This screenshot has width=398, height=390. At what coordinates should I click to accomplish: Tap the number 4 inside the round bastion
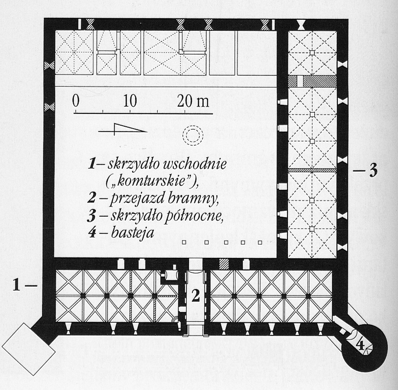360,345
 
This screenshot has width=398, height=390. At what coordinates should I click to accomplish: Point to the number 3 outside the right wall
373,170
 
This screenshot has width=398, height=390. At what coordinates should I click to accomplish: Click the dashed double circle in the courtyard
193,136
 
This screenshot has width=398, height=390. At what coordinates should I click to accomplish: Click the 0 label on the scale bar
76,101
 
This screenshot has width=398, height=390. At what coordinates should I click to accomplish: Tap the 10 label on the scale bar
130,101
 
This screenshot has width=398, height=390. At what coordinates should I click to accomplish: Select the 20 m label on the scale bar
193,101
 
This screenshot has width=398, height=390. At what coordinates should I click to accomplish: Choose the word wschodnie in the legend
195,163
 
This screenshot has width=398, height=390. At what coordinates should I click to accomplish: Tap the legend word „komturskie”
152,181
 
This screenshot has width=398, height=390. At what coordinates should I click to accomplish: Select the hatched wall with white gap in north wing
312,81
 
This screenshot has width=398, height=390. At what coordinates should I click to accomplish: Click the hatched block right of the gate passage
224,264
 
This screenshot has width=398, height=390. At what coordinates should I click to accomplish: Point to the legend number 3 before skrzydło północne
92,216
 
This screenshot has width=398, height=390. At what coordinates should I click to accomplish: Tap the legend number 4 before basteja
92,233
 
